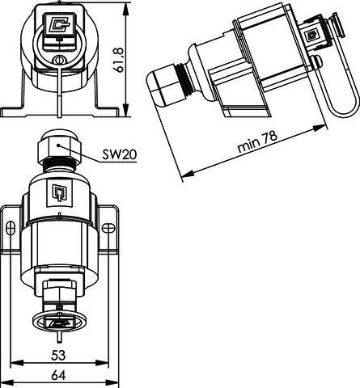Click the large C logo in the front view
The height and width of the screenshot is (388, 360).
click(x=59, y=24)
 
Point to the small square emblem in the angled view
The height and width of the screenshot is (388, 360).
click(x=311, y=35)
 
